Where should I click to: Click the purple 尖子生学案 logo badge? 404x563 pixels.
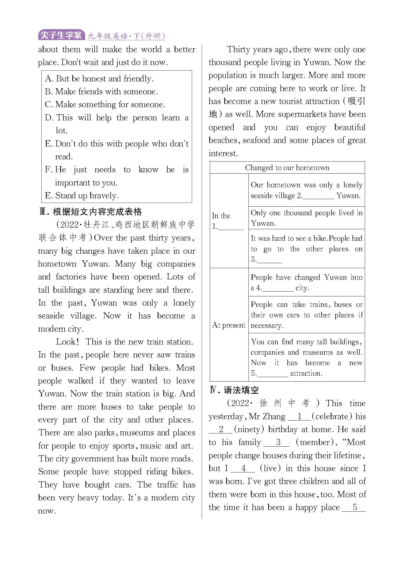tap(61, 35)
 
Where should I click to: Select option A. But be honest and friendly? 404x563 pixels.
tap(99, 78)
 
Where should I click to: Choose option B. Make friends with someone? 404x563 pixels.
tap(101, 91)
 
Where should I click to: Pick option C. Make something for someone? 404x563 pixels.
tap(105, 104)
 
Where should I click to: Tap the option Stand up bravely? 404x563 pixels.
tap(82, 195)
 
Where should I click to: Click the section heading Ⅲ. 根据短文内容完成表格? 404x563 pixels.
tap(90, 212)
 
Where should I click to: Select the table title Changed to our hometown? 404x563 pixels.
tap(287, 168)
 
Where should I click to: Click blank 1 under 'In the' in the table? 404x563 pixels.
tap(231, 227)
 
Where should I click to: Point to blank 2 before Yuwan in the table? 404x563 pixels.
tap(318, 196)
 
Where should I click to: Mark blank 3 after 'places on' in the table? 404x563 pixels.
tap(270, 260)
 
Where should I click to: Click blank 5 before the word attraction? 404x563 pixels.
tap(272, 374)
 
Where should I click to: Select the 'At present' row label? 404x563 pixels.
tap(228, 325)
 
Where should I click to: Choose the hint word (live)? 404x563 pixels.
tap(270, 468)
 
